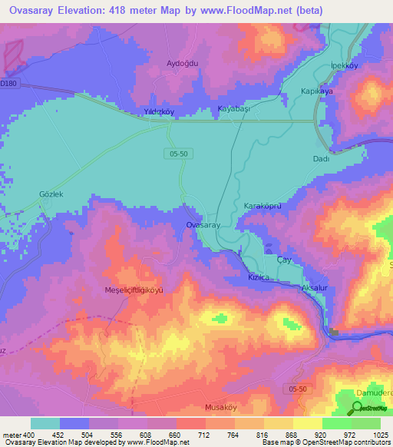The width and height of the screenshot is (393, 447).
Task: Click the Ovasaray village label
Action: [204, 225]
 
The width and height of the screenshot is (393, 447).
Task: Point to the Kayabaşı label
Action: [235, 109]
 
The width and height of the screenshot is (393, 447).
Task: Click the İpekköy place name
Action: [345, 65]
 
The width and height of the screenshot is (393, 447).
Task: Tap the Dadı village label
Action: [321, 158]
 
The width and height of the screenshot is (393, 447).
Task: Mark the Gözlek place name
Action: [51, 194]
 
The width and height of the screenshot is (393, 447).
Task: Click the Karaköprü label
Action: [264, 207]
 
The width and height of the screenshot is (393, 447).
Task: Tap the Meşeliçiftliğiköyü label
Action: [134, 290]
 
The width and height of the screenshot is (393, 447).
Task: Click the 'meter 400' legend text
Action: [15, 435]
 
